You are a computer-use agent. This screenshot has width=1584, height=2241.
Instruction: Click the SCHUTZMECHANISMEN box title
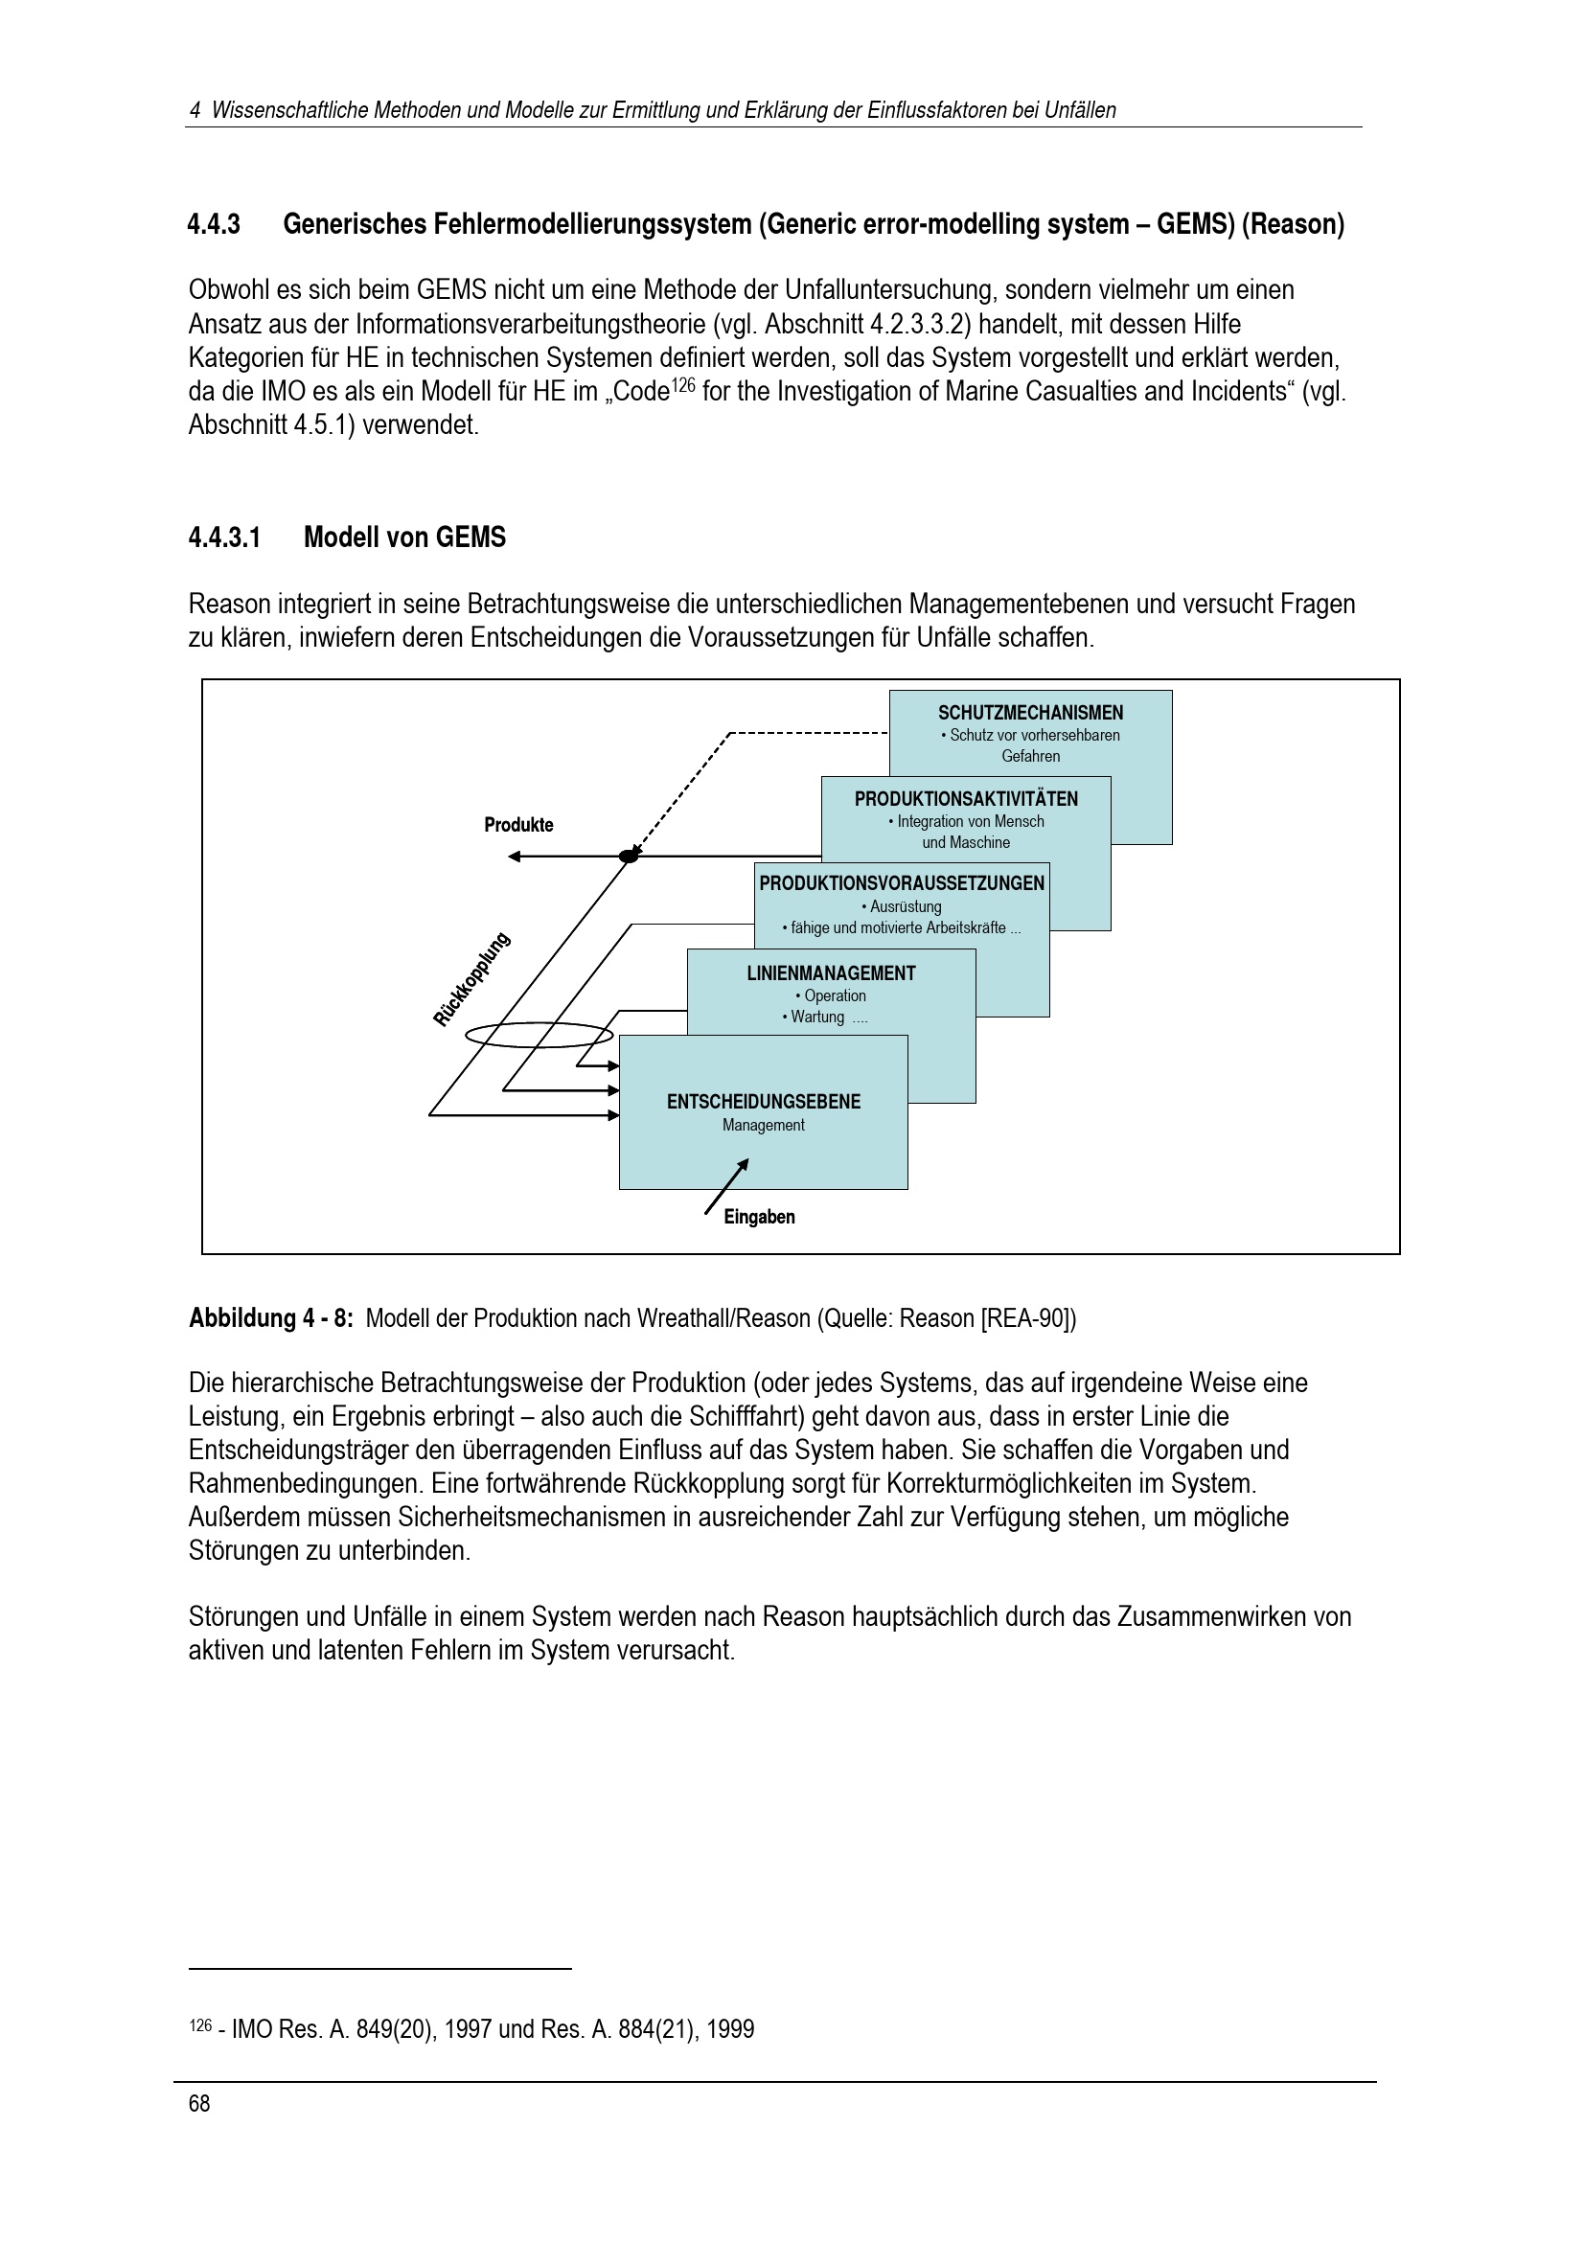coord(1031,714)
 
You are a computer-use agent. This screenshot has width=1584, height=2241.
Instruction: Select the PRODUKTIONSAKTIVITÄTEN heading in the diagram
coord(966,799)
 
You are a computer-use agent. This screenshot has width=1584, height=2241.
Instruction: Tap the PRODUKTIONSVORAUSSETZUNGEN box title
coord(902,883)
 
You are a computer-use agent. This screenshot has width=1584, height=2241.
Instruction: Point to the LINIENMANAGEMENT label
coord(832,973)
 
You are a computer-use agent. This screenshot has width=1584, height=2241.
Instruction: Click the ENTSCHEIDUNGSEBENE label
coord(763,1102)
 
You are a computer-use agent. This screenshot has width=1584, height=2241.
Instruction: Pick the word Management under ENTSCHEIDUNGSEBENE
coord(763,1126)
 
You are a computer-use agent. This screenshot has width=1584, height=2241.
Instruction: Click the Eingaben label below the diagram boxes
coord(759,1217)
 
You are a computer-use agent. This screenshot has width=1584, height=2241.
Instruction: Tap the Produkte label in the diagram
coord(518,825)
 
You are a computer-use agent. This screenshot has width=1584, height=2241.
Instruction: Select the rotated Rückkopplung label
coord(471,980)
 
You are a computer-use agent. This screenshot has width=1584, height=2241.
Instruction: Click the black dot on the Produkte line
coord(630,856)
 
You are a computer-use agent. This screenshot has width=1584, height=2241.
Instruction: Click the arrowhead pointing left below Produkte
coord(515,857)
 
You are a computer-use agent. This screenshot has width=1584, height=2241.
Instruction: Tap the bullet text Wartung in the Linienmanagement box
coord(816,1018)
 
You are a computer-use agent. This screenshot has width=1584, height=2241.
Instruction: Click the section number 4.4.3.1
coord(224,537)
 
